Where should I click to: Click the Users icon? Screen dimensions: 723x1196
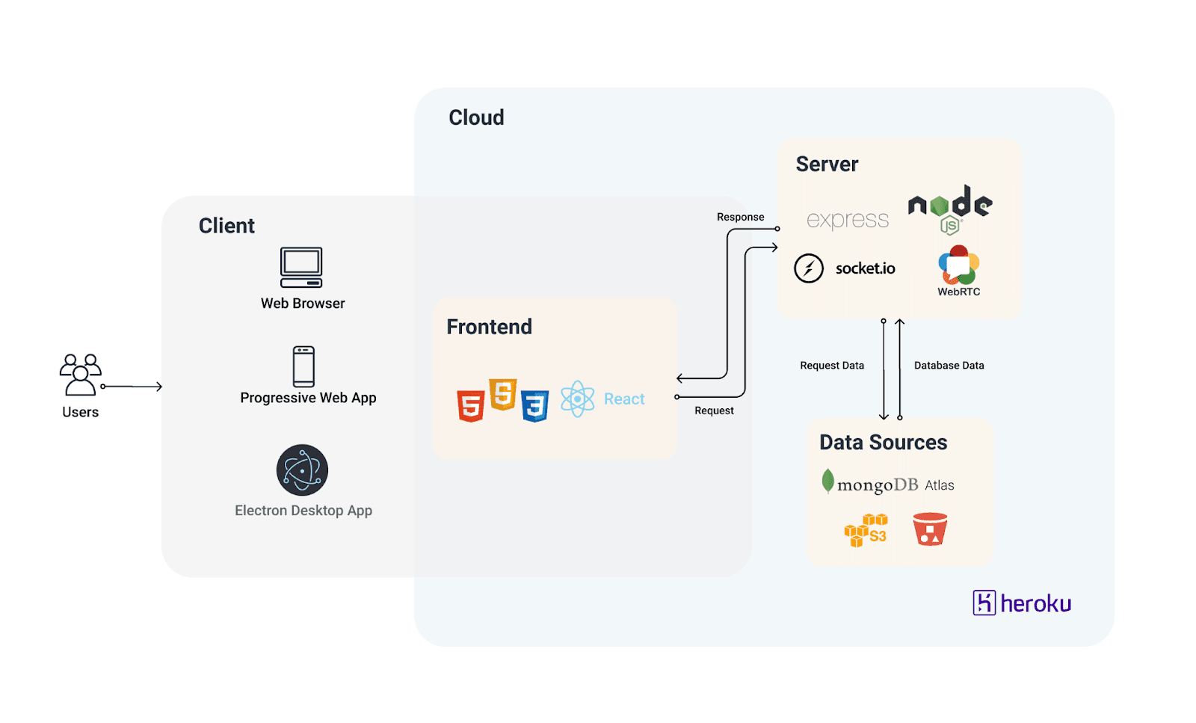81,375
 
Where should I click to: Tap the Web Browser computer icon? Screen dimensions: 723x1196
301,268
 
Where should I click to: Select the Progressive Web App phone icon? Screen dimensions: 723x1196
303,366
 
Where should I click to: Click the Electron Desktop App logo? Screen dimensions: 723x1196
302,470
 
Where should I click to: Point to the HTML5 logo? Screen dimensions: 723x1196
471,406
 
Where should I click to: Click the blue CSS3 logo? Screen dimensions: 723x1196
535,406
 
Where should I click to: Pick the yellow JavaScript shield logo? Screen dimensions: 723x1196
503,394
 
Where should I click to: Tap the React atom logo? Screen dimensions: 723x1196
578,399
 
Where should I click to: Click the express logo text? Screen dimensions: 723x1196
848,220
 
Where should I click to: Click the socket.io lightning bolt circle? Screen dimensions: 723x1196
809,268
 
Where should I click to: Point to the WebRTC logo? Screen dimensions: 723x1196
959,266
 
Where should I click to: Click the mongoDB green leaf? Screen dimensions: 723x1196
827,481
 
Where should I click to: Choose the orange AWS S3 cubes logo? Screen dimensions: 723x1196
865,529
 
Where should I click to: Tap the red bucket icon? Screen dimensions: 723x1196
930,529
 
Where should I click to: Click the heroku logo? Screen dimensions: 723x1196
1022,603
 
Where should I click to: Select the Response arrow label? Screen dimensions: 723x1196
740,217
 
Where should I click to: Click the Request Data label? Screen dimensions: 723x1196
832,366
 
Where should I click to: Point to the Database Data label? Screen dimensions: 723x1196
949,366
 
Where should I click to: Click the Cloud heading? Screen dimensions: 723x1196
476,117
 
